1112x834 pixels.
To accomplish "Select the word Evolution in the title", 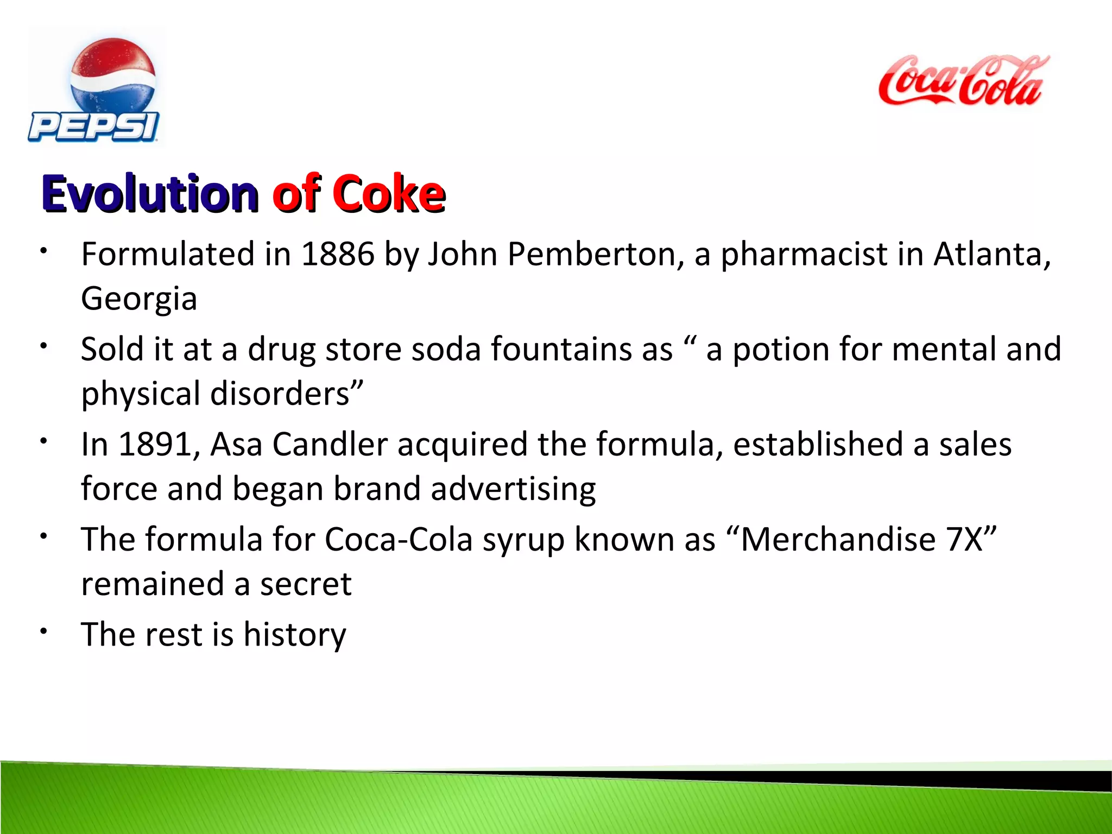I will (150, 194).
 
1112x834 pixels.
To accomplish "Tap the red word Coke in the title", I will (389, 194).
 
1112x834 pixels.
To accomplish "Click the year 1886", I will (338, 254).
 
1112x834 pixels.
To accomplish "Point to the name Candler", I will (330, 445).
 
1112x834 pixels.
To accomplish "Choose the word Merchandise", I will (838, 540).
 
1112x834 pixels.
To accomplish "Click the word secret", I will (306, 585).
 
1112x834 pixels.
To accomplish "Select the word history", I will (295, 635).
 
